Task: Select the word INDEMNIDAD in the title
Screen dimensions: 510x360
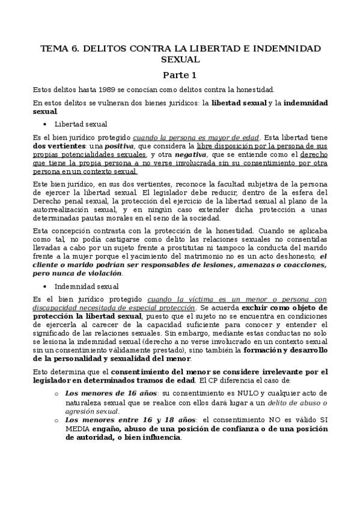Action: [x=290, y=48]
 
